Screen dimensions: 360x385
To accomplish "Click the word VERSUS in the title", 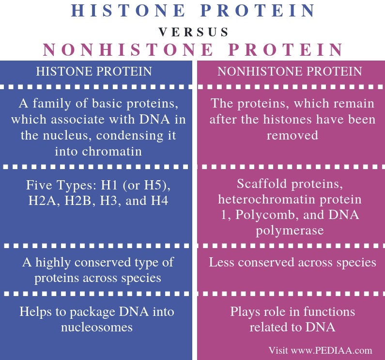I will (x=193, y=32).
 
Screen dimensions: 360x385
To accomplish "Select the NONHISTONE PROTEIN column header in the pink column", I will (x=290, y=72).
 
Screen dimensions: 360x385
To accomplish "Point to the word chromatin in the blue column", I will (x=112, y=151).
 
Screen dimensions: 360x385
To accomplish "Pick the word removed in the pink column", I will (x=292, y=135).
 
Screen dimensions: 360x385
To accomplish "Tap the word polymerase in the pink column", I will (x=290, y=230).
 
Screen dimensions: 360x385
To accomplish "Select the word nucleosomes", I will (x=97, y=327).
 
